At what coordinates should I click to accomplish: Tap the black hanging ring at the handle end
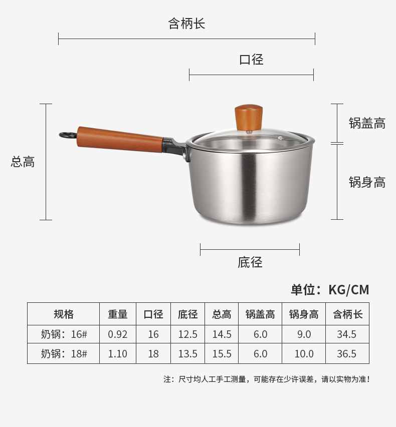coord(68,135)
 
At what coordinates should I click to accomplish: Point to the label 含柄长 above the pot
coord(186,24)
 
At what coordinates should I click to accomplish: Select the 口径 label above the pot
coord(251,60)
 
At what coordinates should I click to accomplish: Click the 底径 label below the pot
coord(250,262)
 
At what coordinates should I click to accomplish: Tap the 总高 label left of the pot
coord(23,162)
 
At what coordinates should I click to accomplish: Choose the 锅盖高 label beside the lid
coord(367,123)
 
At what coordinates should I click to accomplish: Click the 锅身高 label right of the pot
coord(367,182)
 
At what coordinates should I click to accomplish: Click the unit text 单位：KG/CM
coord(330,290)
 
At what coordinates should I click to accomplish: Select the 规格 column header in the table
coord(64,314)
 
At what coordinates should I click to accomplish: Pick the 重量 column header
coord(118,314)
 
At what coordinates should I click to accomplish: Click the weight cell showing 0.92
coord(118,334)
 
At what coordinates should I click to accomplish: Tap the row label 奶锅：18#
coord(64,354)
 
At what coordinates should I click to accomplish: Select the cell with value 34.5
coord(347,334)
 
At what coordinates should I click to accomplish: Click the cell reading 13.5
coord(187,354)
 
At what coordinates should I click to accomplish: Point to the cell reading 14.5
coord(222,334)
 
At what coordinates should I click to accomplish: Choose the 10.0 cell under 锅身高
coord(304,354)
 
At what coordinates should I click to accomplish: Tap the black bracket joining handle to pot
coord(175,147)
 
